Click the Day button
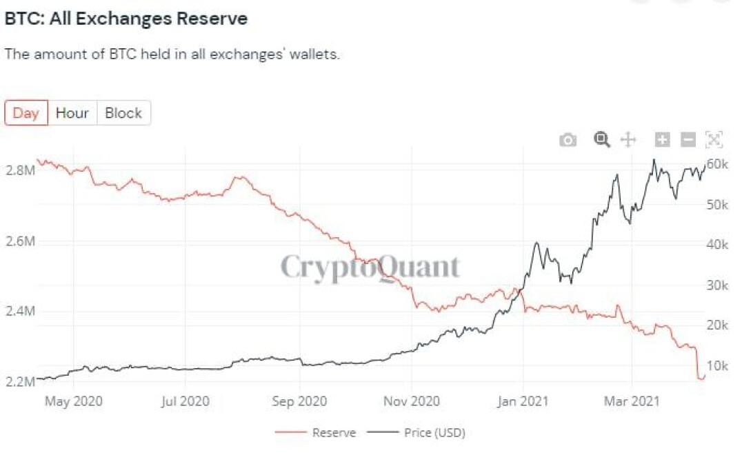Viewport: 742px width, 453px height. (x=26, y=113)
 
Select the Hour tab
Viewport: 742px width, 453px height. (x=72, y=113)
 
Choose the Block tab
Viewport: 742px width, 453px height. (x=123, y=113)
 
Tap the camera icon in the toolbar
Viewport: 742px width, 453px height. (x=568, y=140)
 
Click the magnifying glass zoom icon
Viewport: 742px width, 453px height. (x=601, y=140)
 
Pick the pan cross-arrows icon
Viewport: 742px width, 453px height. (x=628, y=140)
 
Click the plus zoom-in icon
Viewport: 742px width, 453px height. (x=663, y=140)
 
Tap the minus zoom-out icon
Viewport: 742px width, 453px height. (x=688, y=140)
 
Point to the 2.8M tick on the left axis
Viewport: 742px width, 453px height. (x=21, y=170)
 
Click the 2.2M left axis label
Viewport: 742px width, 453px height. (x=21, y=381)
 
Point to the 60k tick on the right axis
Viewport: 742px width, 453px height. (x=717, y=164)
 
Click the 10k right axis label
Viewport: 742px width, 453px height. (x=717, y=366)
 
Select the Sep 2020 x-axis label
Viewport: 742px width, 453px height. (x=299, y=401)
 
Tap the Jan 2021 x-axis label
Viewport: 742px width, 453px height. (x=523, y=401)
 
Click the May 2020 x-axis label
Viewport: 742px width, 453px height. (x=73, y=401)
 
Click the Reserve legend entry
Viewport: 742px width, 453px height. (x=316, y=432)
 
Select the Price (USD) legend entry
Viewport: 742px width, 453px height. (x=417, y=432)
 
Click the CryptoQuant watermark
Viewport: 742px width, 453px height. (x=370, y=268)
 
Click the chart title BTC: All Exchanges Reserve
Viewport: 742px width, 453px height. (x=126, y=19)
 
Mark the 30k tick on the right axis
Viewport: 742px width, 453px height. (x=717, y=285)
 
